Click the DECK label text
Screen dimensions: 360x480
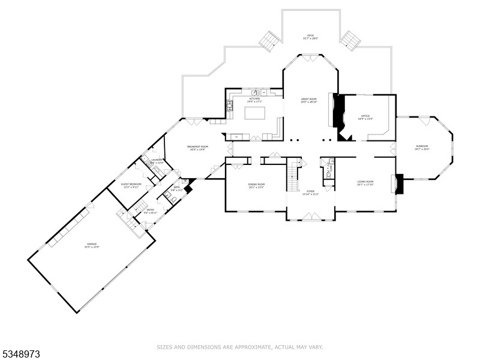click(310, 37)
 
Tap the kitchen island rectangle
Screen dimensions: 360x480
click(254, 113)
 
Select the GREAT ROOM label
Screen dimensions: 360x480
click(308, 100)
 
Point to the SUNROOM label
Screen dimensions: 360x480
click(423, 147)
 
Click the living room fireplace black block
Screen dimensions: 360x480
click(399, 184)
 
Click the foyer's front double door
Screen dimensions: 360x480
click(310, 216)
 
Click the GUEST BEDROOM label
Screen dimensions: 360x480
click(131, 185)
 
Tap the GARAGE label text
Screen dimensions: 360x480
click(92, 245)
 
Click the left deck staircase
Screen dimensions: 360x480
click(268, 41)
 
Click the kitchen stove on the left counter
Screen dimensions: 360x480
click(230, 107)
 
